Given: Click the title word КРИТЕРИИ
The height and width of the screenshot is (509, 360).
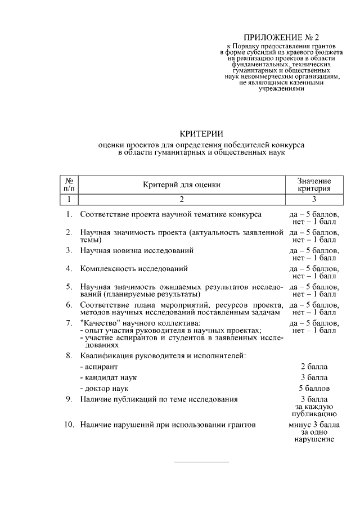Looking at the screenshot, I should tap(201, 133).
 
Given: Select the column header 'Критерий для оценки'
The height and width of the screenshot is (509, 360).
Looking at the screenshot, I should tap(181, 184).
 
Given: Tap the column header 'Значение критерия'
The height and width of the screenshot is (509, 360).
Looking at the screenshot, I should tap(314, 184).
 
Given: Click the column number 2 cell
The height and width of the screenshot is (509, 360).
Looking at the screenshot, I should tap(181, 199).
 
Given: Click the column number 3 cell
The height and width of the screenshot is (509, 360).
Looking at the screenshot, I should tap(314, 199).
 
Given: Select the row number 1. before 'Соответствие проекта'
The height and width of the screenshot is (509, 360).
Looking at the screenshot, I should tap(68, 214).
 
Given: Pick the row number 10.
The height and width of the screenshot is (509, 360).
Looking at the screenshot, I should tap(67, 425).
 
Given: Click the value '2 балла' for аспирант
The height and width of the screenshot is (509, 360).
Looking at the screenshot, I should tap(314, 366).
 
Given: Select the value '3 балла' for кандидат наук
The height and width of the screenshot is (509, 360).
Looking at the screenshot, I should tap(314, 377).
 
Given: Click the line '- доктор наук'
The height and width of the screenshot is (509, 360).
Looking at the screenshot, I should tap(105, 388).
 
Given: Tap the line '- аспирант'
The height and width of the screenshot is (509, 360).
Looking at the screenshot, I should tap(99, 366).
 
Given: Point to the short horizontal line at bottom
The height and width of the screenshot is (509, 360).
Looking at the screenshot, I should tap(201, 462).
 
